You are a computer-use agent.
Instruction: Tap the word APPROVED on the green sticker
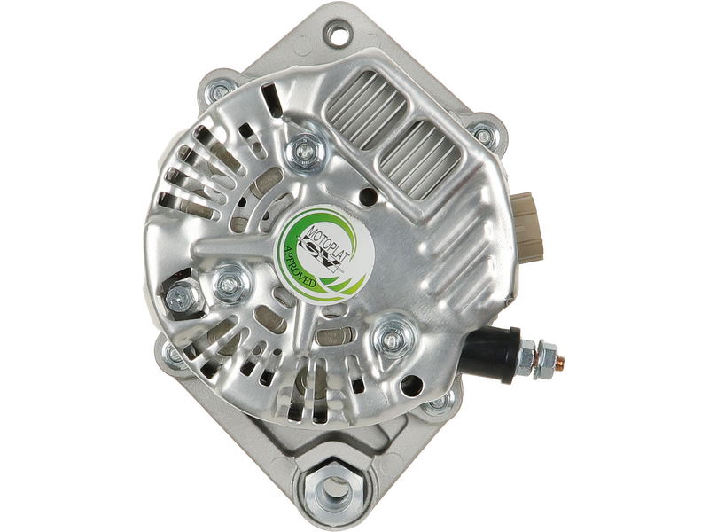click(299, 267)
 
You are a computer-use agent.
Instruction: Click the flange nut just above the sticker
click(306, 150)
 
